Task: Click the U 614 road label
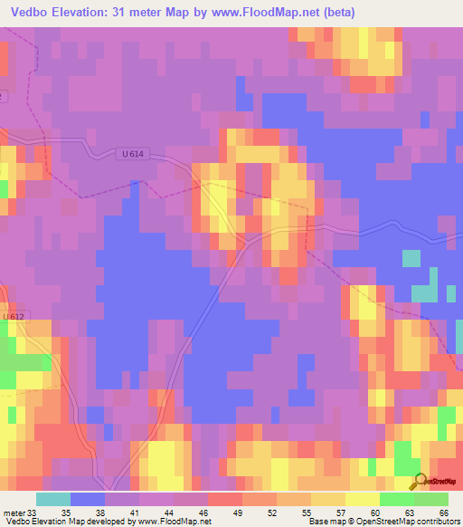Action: [133, 154]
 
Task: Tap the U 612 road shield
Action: [12, 316]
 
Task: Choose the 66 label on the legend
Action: [444, 513]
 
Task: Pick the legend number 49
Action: [238, 513]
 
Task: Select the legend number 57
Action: [341, 513]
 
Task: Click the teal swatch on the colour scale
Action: [53, 499]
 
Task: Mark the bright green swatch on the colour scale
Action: [397, 499]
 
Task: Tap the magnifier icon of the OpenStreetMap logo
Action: [420, 481]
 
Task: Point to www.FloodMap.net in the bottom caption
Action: [171, 522]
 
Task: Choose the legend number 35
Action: [66, 513]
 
